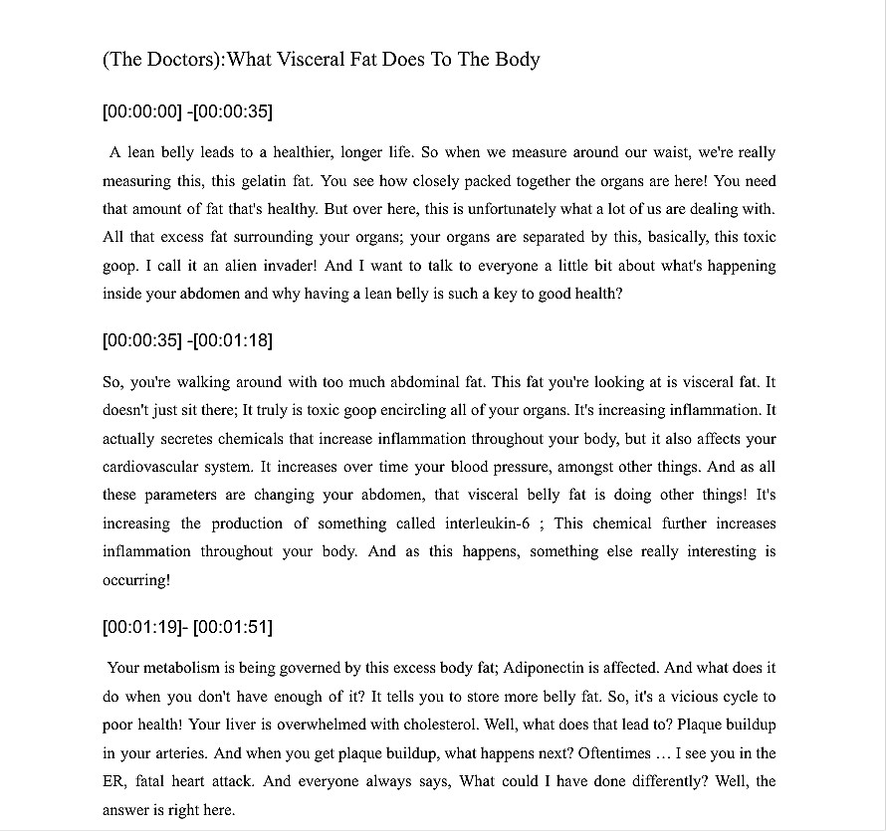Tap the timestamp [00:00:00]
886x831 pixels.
coord(142,111)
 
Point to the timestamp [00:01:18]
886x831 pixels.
coord(232,340)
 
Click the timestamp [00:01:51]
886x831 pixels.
coord(233,627)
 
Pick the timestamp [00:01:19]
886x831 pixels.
coord(142,627)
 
